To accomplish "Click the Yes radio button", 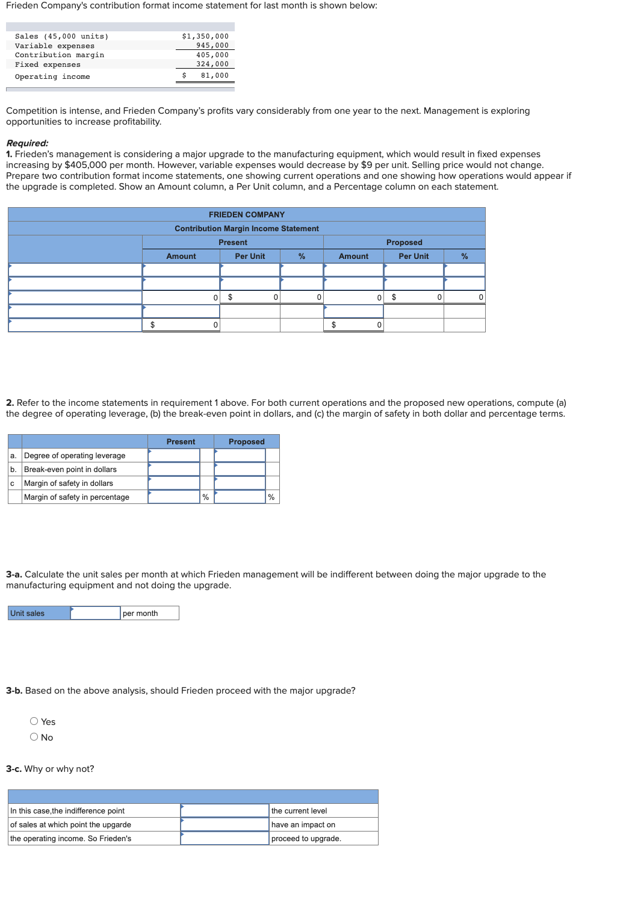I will pyautogui.click(x=34, y=721).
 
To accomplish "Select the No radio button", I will pyautogui.click(x=34, y=737).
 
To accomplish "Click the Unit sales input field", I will pyautogui.click(x=95, y=613).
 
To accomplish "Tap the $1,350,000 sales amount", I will pyautogui.click(x=205, y=36).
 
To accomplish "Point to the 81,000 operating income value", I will pyautogui.click(x=214, y=76).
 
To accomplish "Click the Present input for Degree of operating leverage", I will pyautogui.click(x=174, y=455).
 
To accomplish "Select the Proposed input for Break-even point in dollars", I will pyautogui.click(x=240, y=469).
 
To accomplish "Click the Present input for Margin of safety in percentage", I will pyautogui.click(x=174, y=497).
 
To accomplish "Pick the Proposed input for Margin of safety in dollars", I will pyautogui.click(x=240, y=483).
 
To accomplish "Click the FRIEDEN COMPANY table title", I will pyautogui.click(x=247, y=214).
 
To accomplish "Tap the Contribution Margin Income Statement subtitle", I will pyautogui.click(x=247, y=228).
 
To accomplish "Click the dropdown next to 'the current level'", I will pyautogui.click(x=225, y=810).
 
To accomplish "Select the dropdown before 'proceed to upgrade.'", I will pyautogui.click(x=225, y=838).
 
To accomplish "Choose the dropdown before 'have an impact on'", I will pyautogui.click(x=225, y=824).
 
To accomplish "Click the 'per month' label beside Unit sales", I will pyautogui.click(x=140, y=613).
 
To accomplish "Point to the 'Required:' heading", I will pyautogui.click(x=27, y=143).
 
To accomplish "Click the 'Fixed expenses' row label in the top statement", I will pyautogui.click(x=48, y=64).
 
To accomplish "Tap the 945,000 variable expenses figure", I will pyautogui.click(x=212, y=46).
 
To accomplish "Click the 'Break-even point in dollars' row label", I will pyautogui.click(x=70, y=469).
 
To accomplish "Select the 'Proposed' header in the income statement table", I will pyautogui.click(x=404, y=242).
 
